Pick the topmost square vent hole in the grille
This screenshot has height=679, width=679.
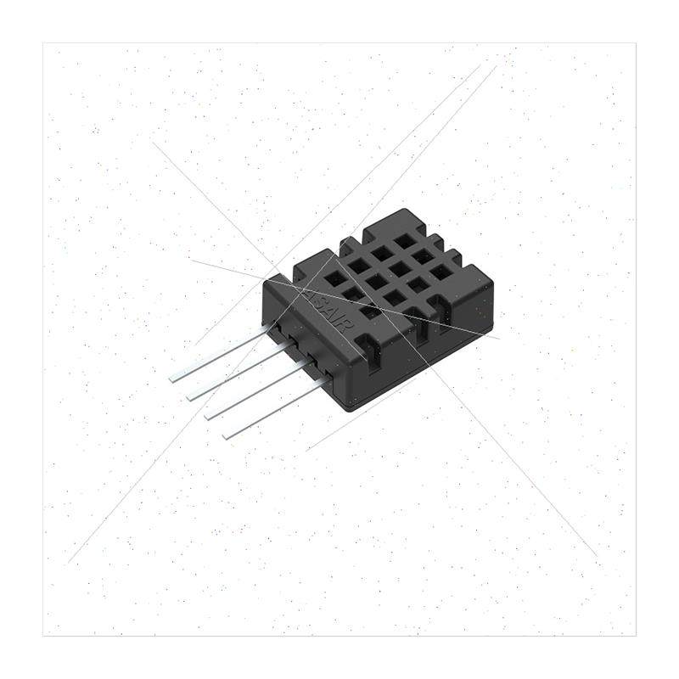point(404,241)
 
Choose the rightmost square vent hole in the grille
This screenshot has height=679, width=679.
point(441,272)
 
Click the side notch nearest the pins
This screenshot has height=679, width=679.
point(366,346)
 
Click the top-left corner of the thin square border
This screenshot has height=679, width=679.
point(43,43)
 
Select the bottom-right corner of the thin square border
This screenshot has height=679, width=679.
point(635,635)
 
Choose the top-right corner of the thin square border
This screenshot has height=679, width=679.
point(635,43)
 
